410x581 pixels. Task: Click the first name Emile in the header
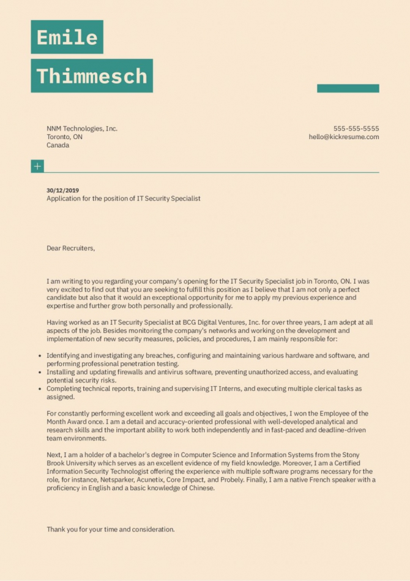67,37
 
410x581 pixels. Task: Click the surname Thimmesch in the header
92,76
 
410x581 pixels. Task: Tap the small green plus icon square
37,166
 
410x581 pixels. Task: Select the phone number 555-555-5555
356,129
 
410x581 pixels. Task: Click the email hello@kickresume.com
343,137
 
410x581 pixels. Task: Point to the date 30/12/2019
62,190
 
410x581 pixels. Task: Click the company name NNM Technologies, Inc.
82,129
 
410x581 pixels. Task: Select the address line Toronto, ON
64,137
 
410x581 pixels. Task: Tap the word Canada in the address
58,146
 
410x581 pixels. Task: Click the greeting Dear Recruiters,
71,248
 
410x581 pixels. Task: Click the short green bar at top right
348,88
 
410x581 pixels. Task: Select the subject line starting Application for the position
123,199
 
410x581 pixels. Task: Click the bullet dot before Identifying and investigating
40,355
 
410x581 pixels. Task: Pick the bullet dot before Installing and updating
40,372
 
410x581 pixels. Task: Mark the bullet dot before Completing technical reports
40,389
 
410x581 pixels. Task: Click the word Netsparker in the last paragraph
117,480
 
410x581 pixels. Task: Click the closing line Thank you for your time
110,529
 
